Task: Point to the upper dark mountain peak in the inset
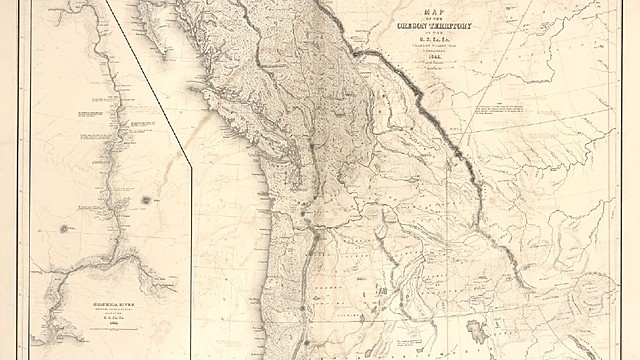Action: pos(146,200)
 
